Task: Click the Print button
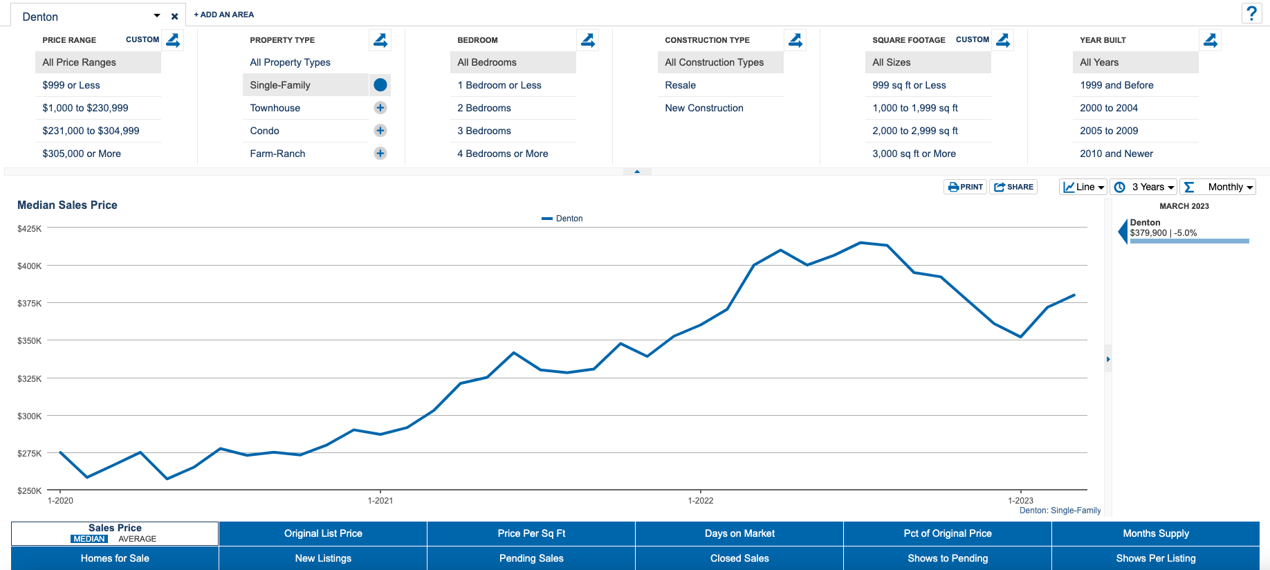click(x=965, y=187)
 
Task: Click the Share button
click(x=1013, y=187)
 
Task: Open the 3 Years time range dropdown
click(x=1145, y=187)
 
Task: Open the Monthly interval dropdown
click(x=1218, y=187)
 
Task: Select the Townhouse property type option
click(x=275, y=108)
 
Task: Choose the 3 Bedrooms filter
click(x=484, y=131)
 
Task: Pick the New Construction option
click(x=704, y=108)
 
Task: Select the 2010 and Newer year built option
click(x=1116, y=154)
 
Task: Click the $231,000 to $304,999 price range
click(x=91, y=131)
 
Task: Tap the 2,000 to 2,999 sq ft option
click(x=915, y=131)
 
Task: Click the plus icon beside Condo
click(x=380, y=131)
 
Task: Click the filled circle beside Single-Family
click(x=380, y=85)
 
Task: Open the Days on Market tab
click(x=739, y=533)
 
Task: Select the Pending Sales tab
click(x=531, y=558)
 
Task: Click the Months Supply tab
click(x=1156, y=533)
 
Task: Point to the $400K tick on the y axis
click(x=30, y=266)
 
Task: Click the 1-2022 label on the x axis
click(x=701, y=500)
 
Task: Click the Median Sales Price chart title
click(x=67, y=205)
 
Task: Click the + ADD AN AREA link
click(x=224, y=15)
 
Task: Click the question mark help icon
click(x=1251, y=13)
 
